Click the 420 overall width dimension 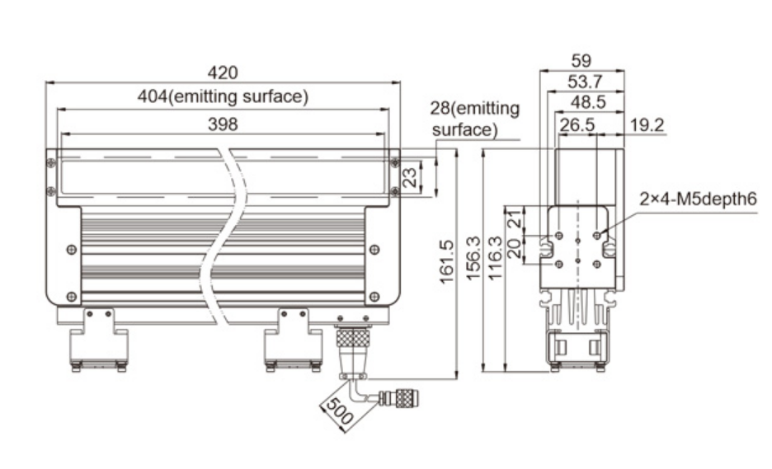point(223,73)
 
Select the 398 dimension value point(223,124)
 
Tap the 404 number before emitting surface point(153,96)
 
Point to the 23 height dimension point(410,177)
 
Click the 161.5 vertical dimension point(446,262)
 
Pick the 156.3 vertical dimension point(473,258)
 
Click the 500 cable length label point(340,411)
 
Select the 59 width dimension point(581,60)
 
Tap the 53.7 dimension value point(585,82)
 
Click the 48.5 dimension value point(588,102)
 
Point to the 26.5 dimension point(577,125)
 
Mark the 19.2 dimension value point(647,125)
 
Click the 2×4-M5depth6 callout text point(698,199)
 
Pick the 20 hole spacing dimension point(515,249)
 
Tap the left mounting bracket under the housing point(98,340)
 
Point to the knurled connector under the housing point(352,338)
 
